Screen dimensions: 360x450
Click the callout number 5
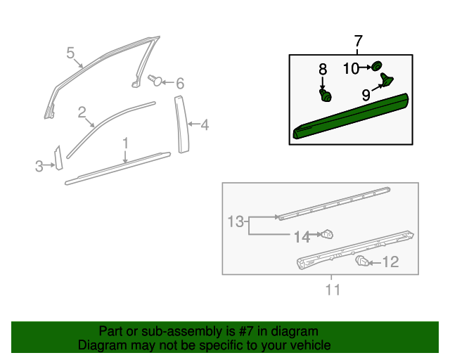pyautogui.click(x=70, y=52)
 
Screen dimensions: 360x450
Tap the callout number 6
pyautogui.click(x=180, y=84)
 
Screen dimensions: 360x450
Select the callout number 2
pyautogui.click(x=82, y=112)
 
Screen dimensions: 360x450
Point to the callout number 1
pyautogui.click(x=125, y=143)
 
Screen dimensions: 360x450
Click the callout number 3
pyautogui.click(x=39, y=166)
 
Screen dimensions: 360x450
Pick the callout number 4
pyautogui.click(x=205, y=126)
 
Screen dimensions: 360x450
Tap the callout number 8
pyautogui.click(x=323, y=69)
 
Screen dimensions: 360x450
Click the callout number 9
pyautogui.click(x=366, y=94)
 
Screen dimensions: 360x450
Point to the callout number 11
pyautogui.click(x=333, y=289)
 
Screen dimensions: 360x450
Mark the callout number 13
pyautogui.click(x=235, y=222)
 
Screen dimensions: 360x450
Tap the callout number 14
pyautogui.click(x=302, y=238)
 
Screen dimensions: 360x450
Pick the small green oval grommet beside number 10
pyautogui.click(x=376, y=66)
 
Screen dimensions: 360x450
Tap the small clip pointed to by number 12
pyautogui.click(x=362, y=262)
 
